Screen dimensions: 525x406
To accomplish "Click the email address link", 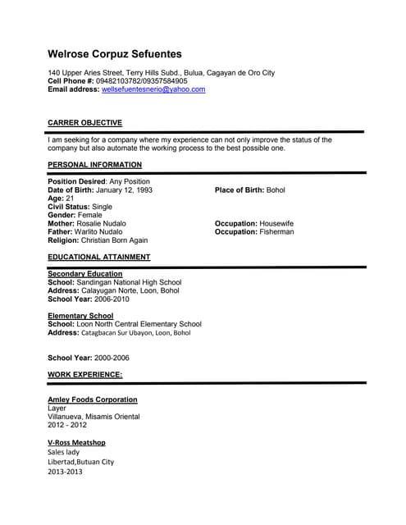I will coord(154,89).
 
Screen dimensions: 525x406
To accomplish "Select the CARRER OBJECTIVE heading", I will coord(84,123).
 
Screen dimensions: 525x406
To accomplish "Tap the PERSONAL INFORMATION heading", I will coord(94,165).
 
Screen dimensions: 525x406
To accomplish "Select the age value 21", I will coord(70,199).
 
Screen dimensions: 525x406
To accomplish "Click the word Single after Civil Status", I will coord(103,207).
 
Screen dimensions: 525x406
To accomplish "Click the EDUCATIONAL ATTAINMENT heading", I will coord(98,258).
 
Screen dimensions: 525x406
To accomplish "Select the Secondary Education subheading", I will coord(85,274).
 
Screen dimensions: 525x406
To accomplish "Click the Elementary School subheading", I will coord(80,316).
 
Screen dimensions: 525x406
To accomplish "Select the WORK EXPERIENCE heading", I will coord(84,374).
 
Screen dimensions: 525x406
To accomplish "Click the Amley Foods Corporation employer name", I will coord(93,399).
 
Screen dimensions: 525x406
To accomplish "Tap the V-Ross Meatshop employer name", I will coord(76,442).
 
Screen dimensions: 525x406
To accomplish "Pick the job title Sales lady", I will coord(63,452).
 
